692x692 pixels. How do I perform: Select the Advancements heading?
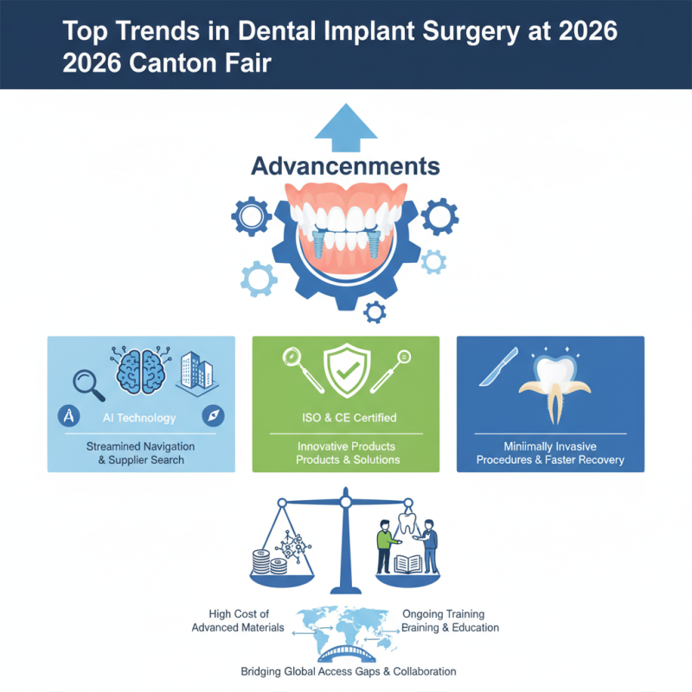[346, 166]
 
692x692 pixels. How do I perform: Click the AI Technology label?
[140, 418]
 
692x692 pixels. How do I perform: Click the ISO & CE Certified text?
[346, 418]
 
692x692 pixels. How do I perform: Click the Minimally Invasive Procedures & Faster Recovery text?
[550, 453]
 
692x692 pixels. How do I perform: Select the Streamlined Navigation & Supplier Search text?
[140, 453]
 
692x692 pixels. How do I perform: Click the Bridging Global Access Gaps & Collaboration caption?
[348, 672]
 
